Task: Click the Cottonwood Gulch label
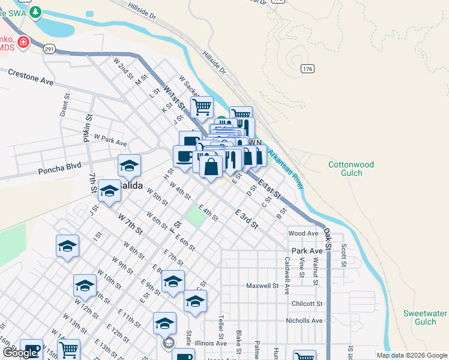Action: click(x=351, y=169)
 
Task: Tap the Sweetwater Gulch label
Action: click(x=424, y=317)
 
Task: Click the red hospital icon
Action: click(x=23, y=42)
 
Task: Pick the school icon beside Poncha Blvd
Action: click(x=129, y=164)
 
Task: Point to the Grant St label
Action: click(x=63, y=105)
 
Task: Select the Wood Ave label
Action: click(x=303, y=233)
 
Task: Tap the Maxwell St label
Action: click(x=262, y=286)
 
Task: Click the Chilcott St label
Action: click(x=307, y=304)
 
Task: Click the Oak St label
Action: click(x=328, y=238)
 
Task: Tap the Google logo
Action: click(x=20, y=353)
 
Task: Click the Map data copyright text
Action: click(x=411, y=355)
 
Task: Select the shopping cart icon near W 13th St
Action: click(x=69, y=349)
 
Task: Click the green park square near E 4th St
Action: click(x=194, y=217)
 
